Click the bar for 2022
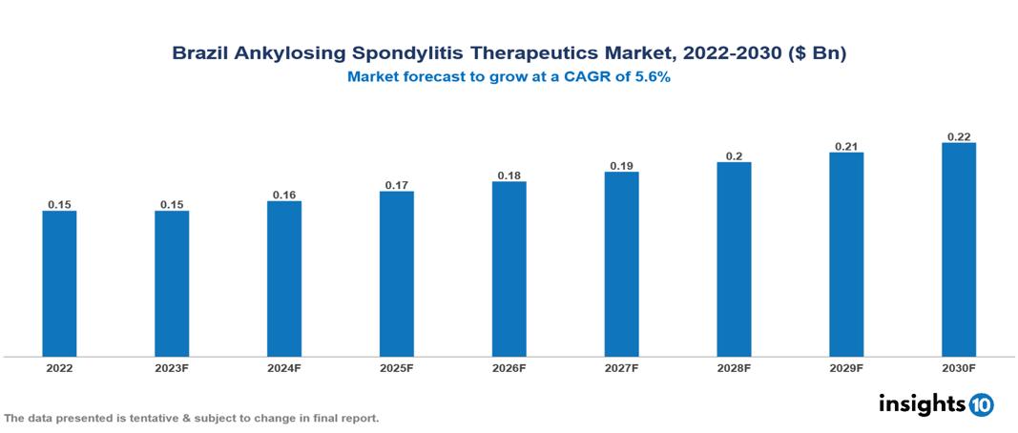[59, 283]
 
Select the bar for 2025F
[396, 274]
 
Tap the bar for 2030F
[959, 250]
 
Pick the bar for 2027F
[621, 264]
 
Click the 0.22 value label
[959, 136]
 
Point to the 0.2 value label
[734, 155]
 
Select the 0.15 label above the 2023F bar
[172, 204]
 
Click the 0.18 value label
[509, 175]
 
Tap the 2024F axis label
[284, 367]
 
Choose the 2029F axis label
[846, 367]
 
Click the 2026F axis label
[509, 367]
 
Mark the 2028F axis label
[734, 367]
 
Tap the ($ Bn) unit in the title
[817, 53]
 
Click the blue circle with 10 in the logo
[981, 404]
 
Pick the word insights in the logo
[921, 403]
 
